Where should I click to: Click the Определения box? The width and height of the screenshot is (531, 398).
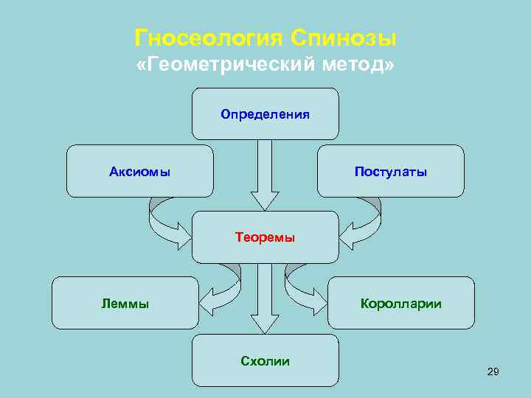click(265, 114)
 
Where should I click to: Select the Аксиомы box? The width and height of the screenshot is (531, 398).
click(140, 171)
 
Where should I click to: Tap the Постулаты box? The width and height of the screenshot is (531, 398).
click(390, 171)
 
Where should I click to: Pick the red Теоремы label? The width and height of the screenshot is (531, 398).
click(265, 237)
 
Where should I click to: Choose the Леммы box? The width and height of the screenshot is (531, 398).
click(125, 302)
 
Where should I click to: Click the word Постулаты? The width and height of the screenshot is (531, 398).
click(390, 172)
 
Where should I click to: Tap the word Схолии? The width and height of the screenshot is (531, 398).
click(265, 360)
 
